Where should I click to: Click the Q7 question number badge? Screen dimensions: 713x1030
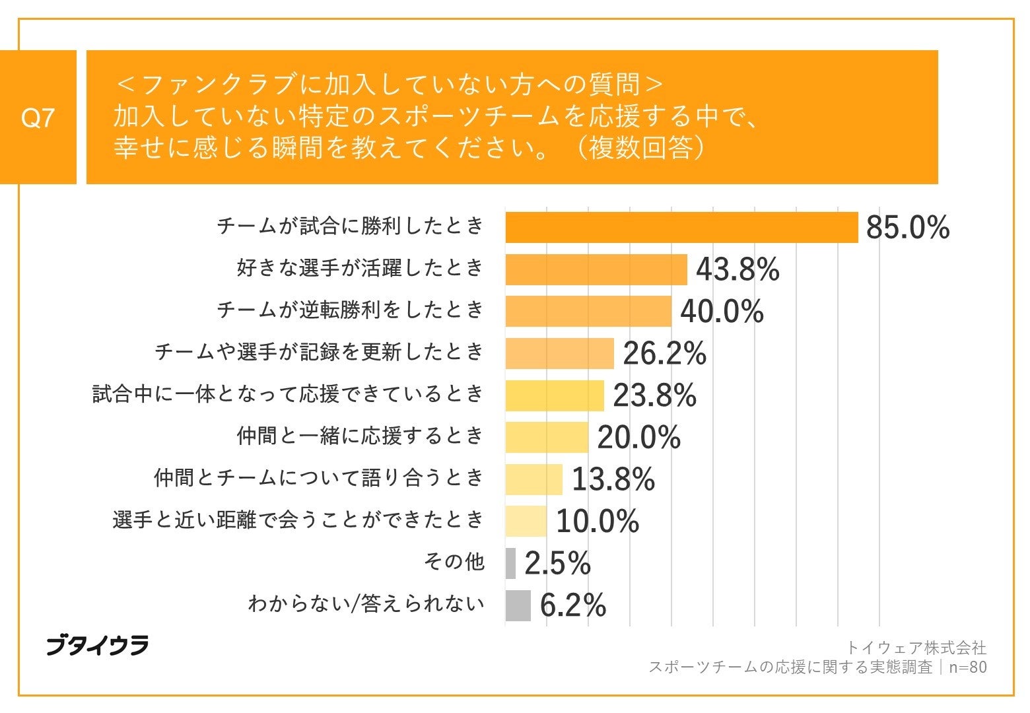38,118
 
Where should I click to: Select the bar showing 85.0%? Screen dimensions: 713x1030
681,228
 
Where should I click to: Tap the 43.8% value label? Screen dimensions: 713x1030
738,269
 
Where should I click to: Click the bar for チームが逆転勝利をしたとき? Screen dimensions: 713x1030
588,312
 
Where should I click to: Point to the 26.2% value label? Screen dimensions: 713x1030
664,354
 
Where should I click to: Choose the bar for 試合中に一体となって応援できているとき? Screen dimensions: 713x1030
555,395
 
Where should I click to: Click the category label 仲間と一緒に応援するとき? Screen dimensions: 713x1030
360,436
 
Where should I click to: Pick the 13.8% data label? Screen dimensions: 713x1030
613,479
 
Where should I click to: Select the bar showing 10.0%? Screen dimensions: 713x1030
526,522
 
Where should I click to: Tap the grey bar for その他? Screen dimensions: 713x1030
510,563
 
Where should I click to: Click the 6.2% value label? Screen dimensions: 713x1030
572,605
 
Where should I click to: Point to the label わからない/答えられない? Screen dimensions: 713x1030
366,603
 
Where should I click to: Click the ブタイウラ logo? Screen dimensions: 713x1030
97,646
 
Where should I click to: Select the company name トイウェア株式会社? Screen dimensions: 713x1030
916,647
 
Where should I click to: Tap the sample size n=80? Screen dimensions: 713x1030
967,667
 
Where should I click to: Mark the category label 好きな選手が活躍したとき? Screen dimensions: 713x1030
360,268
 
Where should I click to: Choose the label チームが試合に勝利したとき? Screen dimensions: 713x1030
351,226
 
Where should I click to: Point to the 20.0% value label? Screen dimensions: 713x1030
638,438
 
